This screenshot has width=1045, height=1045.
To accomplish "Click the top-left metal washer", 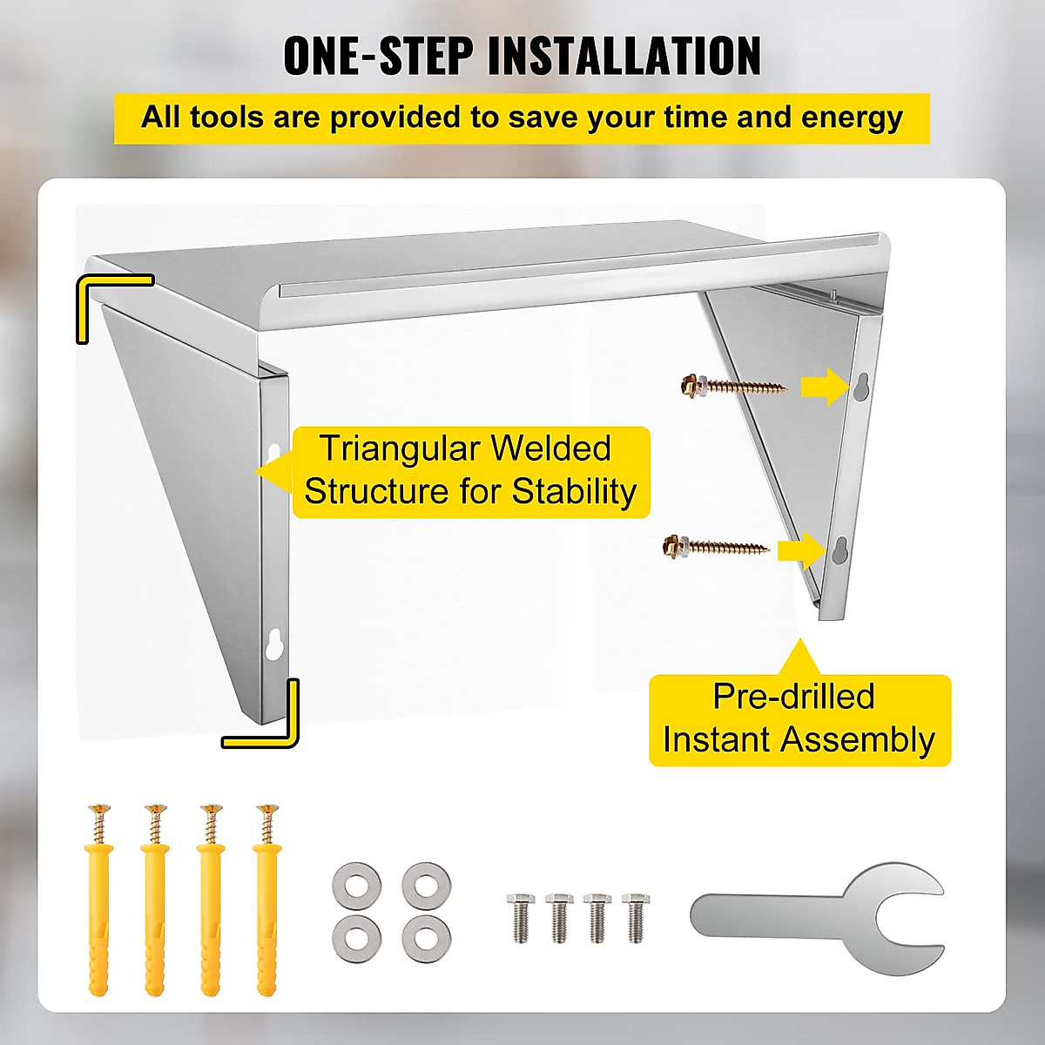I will pos(357,887).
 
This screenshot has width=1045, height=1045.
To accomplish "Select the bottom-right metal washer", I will pos(426,939).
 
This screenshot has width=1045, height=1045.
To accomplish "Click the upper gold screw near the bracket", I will pos(733,385).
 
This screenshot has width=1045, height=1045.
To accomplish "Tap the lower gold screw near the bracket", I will pos(715,547).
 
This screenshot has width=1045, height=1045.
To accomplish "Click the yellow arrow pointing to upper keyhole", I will pos(824,387).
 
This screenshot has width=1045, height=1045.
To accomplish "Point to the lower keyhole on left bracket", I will pos(273,644).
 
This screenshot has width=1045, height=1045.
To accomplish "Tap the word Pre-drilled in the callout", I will pos(793,697).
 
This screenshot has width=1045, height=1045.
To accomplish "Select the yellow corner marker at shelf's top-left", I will pos(104,300).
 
